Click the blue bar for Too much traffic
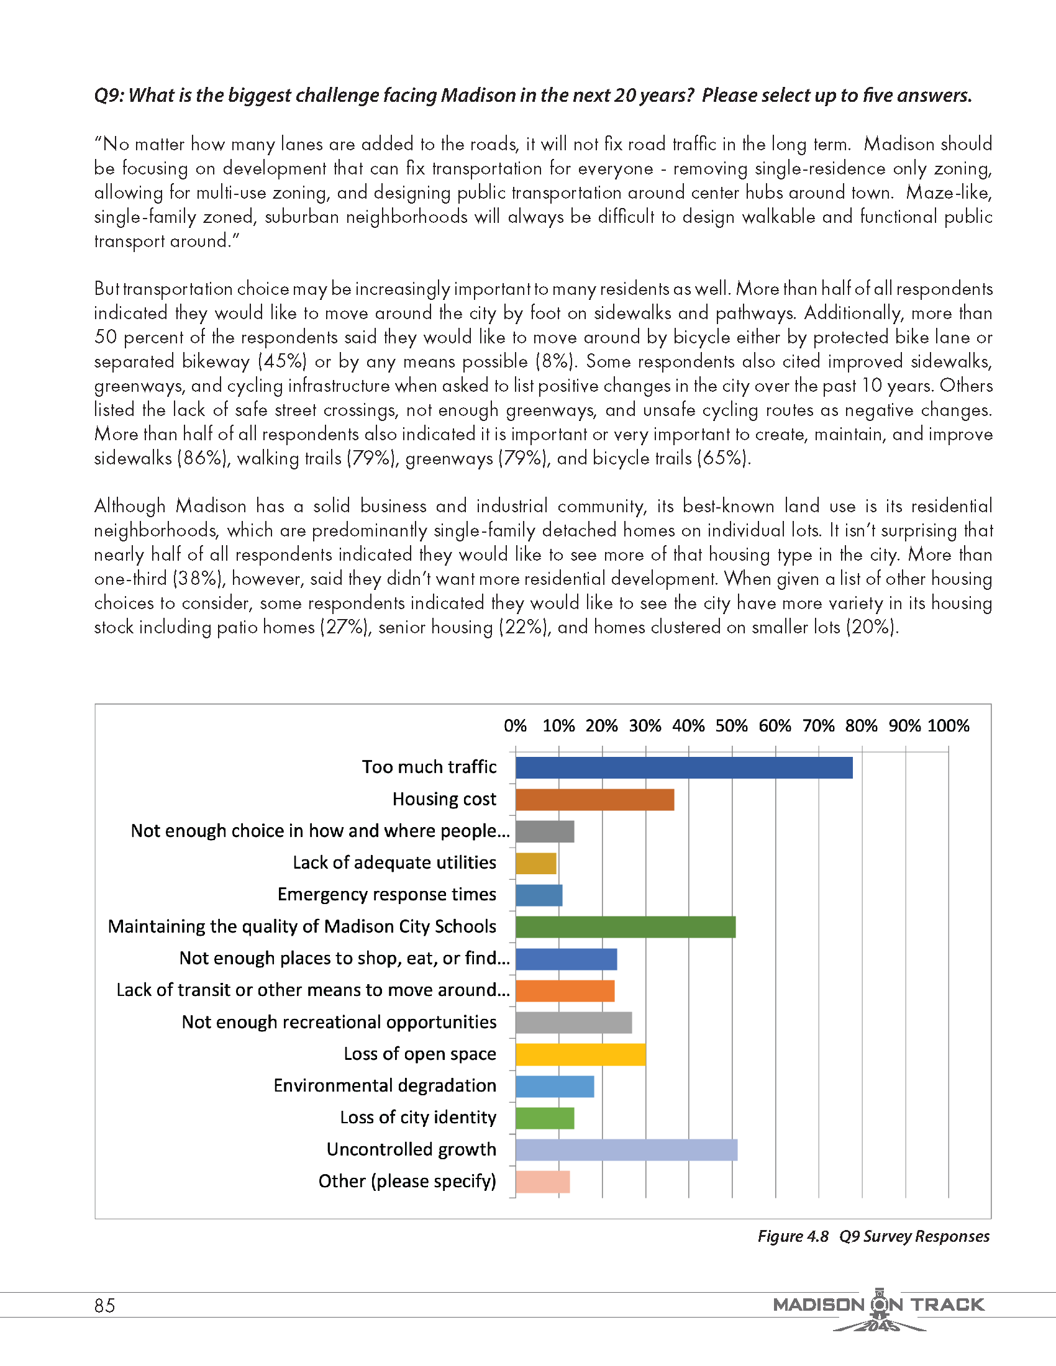click(683, 767)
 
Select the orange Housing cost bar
click(594, 799)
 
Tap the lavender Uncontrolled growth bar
click(626, 1149)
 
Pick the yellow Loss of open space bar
click(581, 1054)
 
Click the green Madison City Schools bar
click(626, 927)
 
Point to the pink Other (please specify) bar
click(542, 1182)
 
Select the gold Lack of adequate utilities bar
click(535, 863)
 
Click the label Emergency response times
click(386, 894)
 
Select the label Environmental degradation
click(385, 1085)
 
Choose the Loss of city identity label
click(418, 1117)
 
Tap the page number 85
click(104, 1305)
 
